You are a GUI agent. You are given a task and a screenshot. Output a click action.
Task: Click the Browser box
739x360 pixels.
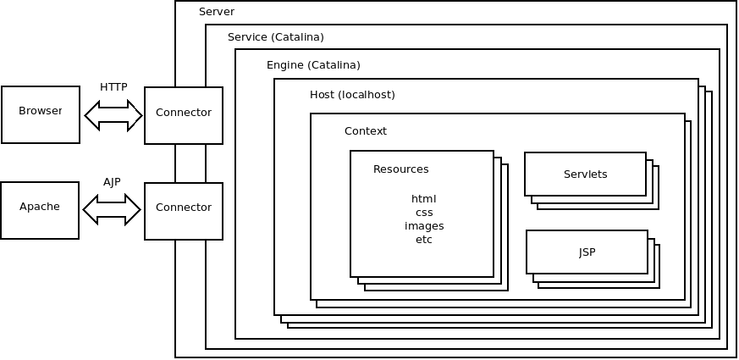click(x=40, y=114)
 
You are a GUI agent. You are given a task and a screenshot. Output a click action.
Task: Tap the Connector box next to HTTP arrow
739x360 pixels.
click(x=184, y=114)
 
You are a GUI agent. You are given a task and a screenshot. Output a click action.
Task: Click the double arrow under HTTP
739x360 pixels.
click(x=113, y=115)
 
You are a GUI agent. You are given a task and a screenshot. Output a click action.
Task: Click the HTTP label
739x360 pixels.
click(x=113, y=86)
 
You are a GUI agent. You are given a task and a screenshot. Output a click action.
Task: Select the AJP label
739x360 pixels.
click(x=113, y=181)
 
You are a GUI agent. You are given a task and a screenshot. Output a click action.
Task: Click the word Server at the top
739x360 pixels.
click(x=217, y=12)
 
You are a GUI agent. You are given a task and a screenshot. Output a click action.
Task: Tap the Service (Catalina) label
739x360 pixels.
click(x=276, y=37)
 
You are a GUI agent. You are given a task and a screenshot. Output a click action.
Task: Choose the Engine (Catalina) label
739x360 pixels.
click(x=313, y=65)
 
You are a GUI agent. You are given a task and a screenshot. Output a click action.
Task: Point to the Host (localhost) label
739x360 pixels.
click(x=352, y=94)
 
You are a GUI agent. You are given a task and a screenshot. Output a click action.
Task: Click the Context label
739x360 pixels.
click(x=366, y=131)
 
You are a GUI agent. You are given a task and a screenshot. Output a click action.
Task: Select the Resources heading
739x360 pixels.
click(x=401, y=169)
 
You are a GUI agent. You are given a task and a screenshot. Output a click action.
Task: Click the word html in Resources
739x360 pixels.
click(x=424, y=199)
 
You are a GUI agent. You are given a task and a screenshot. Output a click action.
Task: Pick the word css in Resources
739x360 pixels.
click(x=424, y=213)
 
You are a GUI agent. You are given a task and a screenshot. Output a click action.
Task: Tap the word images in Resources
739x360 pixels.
click(x=424, y=226)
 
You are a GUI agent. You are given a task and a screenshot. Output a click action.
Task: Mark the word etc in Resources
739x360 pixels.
click(x=424, y=240)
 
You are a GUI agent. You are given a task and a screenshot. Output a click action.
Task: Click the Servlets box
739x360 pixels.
click(x=585, y=174)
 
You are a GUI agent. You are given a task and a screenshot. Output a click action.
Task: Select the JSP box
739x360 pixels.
click(x=587, y=252)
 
